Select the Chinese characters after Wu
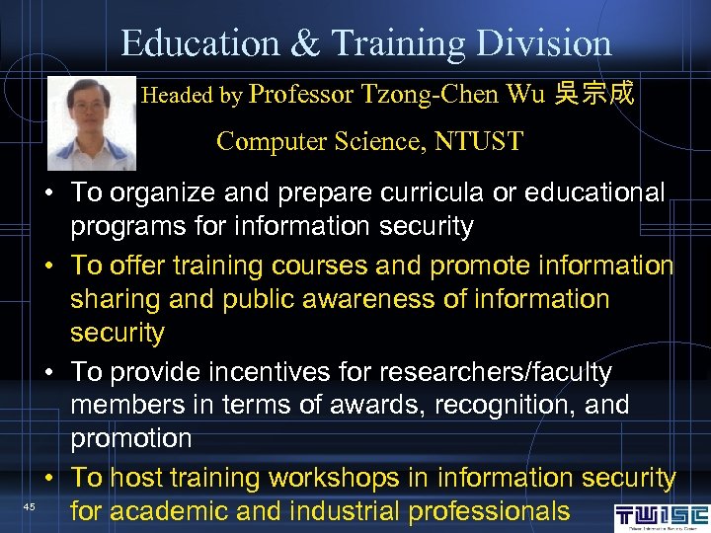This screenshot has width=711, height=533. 594,95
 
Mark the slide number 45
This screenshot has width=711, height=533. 30,507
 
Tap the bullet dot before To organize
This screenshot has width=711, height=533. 47,193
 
